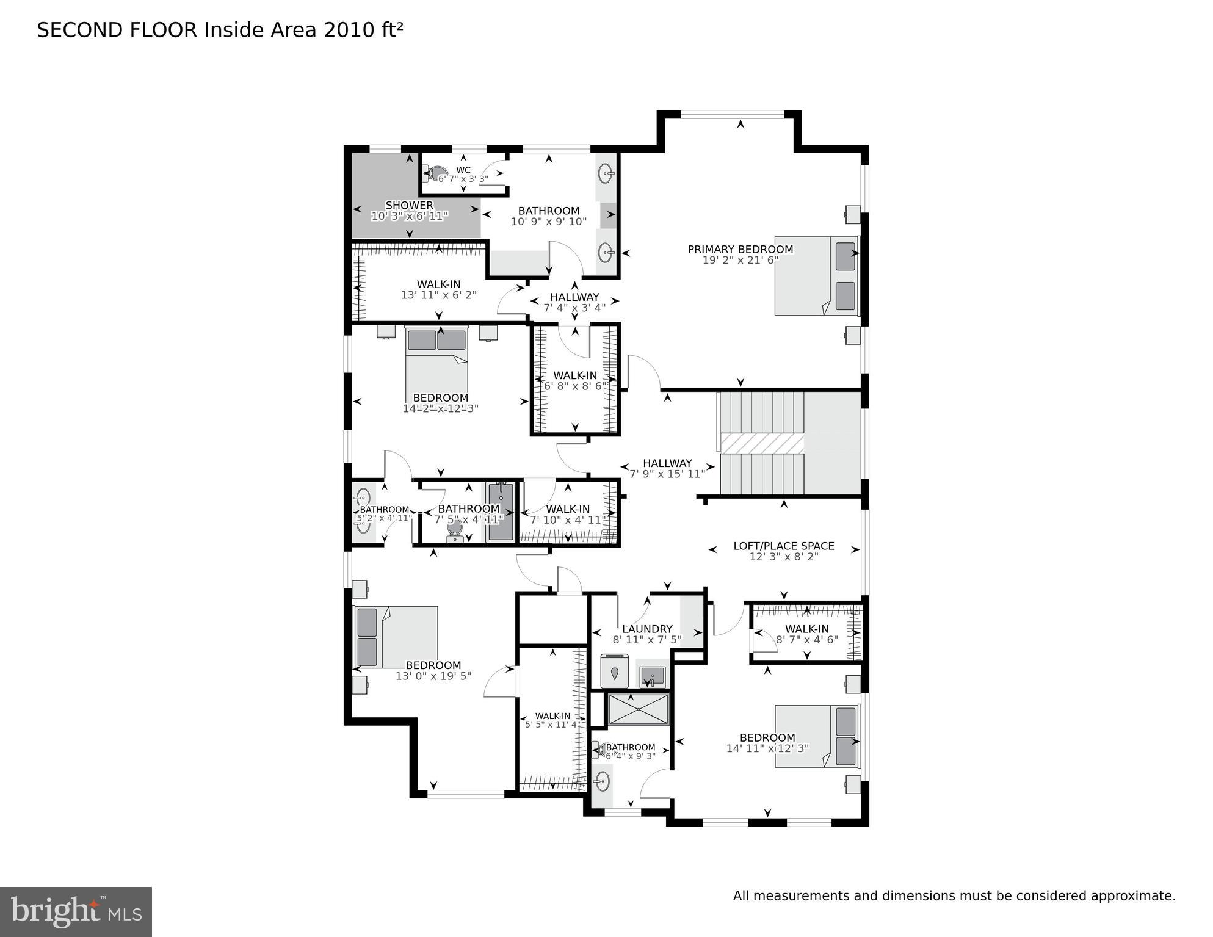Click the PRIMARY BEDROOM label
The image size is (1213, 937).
[x=740, y=249]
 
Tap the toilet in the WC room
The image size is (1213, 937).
[x=436, y=174]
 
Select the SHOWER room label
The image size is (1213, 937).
[x=409, y=205]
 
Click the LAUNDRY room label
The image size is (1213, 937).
[x=647, y=629]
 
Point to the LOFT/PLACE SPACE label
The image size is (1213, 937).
[x=783, y=546]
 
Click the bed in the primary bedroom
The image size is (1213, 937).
[x=816, y=276]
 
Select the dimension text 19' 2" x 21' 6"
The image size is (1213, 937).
[x=740, y=260]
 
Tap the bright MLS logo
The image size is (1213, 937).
[x=76, y=911]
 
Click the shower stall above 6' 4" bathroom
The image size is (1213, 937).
[x=639, y=709]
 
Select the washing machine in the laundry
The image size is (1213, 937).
[x=615, y=671]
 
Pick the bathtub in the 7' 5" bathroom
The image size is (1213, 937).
[x=500, y=512]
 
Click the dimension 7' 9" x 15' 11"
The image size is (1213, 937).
[x=667, y=474]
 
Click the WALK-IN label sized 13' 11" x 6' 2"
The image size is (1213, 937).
[x=438, y=284]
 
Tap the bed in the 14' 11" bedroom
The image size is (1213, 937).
[x=817, y=736]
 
